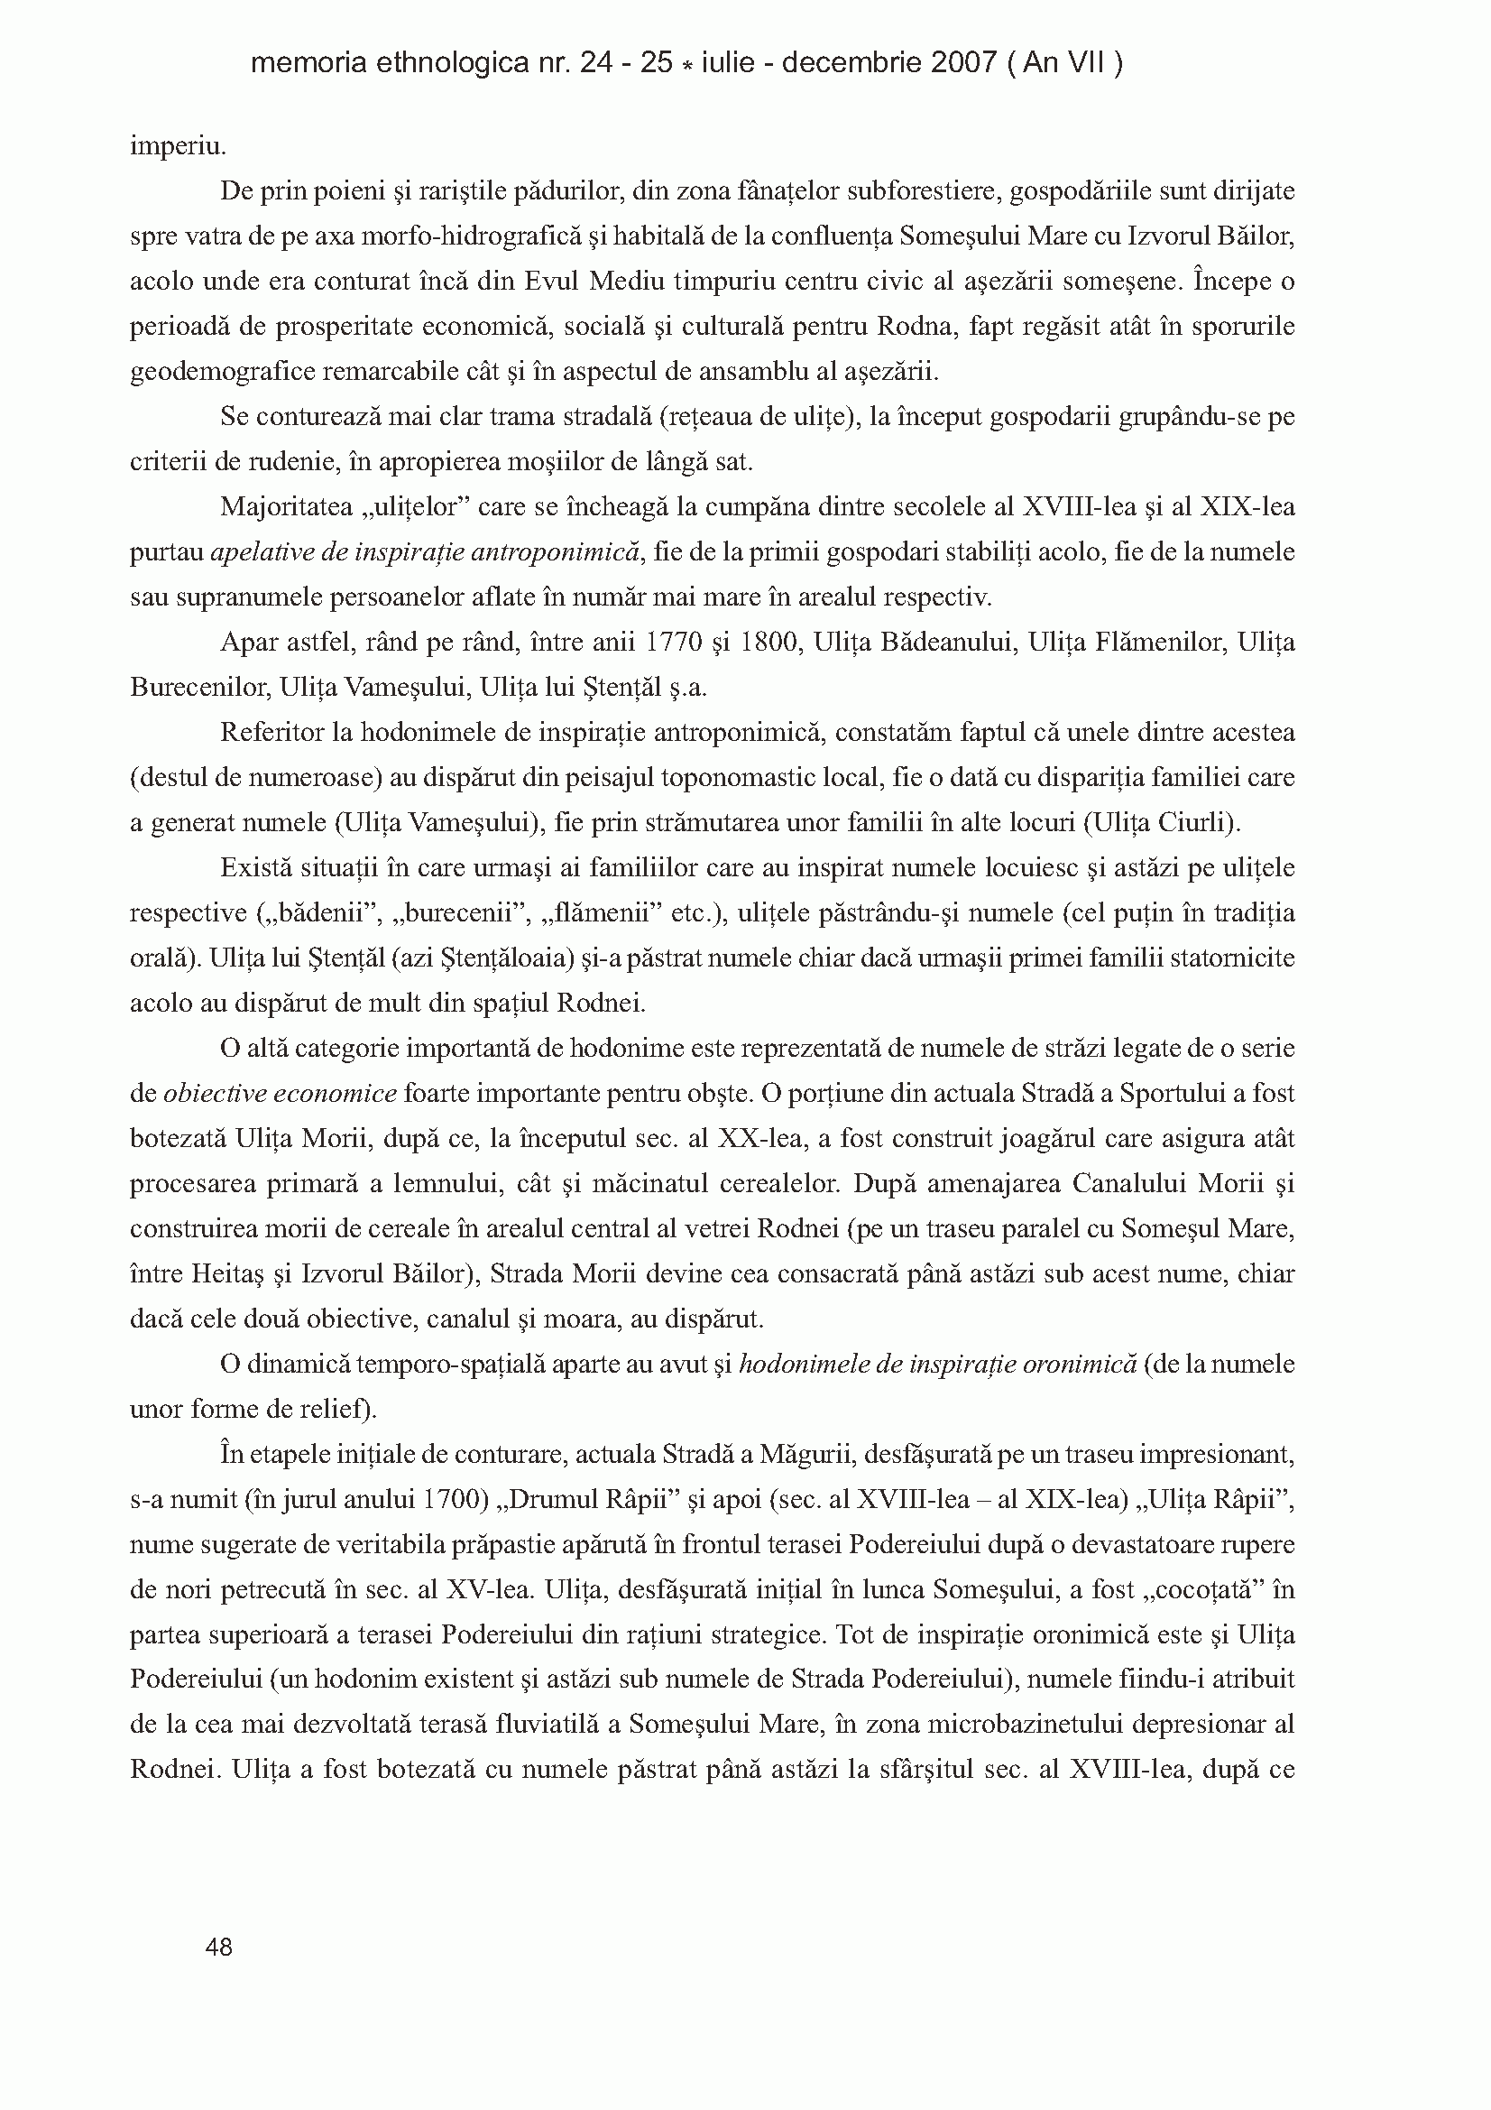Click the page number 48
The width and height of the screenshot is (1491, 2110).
point(219,1947)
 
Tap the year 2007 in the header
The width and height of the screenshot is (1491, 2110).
point(963,63)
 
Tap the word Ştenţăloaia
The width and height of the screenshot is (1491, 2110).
point(511,958)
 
